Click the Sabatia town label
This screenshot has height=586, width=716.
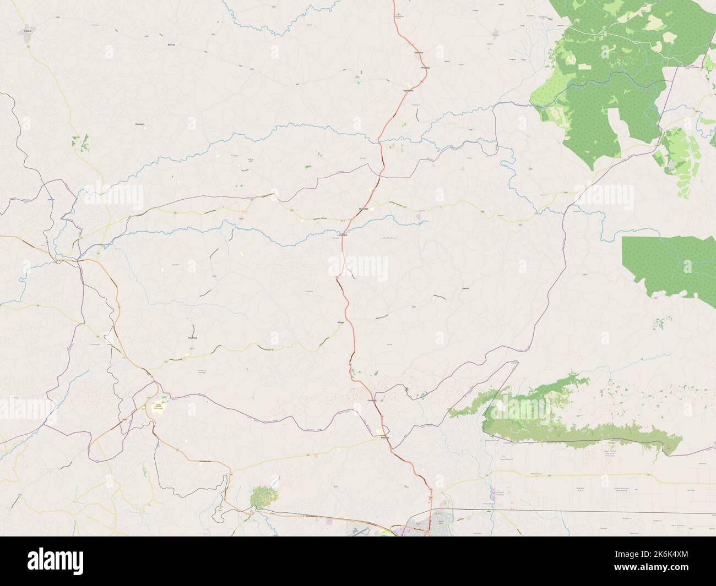[28, 32]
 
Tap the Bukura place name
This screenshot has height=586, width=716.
[171, 45]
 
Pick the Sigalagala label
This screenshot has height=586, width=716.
[408, 90]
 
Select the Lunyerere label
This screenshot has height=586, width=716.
[343, 235]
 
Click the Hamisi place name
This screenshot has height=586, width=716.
[467, 287]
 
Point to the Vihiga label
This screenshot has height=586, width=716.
[340, 322]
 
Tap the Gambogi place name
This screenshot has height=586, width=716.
[371, 401]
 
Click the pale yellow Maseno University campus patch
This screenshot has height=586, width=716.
[158, 409]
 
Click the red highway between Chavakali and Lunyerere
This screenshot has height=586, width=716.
[354, 221]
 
